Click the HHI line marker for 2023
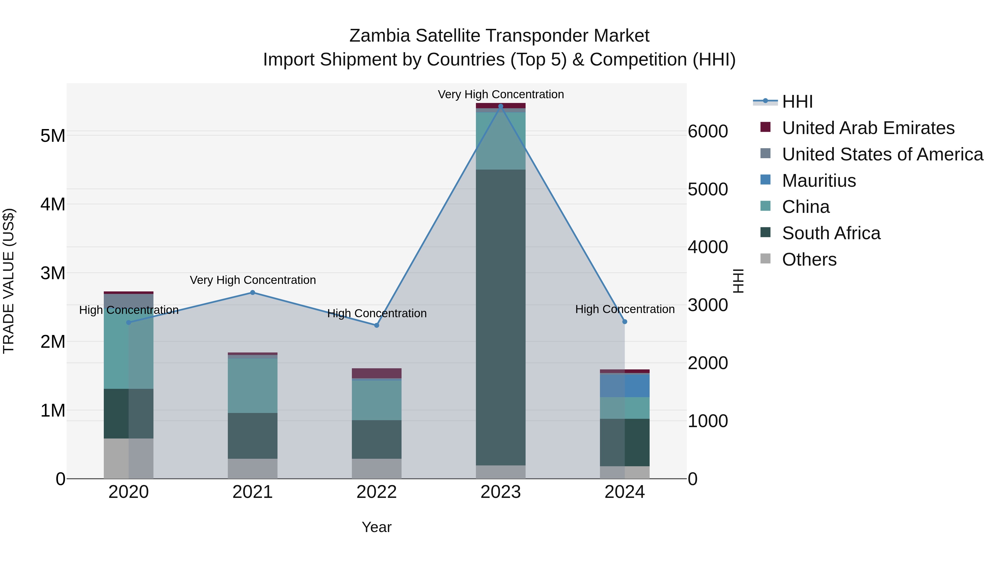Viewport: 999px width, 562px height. point(500,106)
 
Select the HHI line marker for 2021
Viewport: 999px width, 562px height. point(253,293)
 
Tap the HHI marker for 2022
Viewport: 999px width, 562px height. point(377,326)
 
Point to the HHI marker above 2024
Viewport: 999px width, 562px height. point(624,322)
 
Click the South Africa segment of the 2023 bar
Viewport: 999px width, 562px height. point(500,317)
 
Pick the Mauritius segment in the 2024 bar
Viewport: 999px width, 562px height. point(624,385)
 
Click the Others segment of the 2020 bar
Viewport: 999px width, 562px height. point(128,458)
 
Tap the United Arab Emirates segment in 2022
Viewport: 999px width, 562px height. point(377,373)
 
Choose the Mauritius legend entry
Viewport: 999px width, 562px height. point(819,181)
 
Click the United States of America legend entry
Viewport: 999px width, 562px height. point(882,154)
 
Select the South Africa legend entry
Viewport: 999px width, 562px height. point(831,233)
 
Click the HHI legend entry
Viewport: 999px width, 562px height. point(797,102)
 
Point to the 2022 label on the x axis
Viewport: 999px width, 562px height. point(377,492)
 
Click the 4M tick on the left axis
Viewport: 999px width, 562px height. point(53,204)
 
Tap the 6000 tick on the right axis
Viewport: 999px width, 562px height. point(708,132)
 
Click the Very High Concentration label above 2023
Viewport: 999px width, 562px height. point(501,94)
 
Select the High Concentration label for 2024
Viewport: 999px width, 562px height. point(625,309)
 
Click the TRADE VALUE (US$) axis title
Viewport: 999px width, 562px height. point(9,281)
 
